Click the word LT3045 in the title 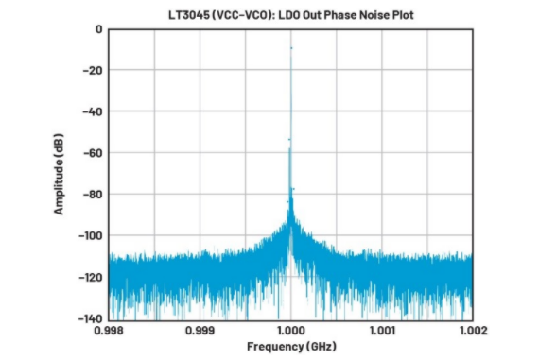click(189, 15)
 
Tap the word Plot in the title click(402, 15)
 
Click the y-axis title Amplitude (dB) click(59, 174)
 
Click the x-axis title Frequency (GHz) click(291, 346)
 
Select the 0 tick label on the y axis click(99, 29)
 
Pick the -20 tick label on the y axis click(93, 71)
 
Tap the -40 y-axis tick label click(93, 112)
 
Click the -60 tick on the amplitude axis click(93, 153)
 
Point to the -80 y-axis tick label click(93, 195)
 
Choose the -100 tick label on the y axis click(91, 236)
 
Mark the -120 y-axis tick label click(91, 277)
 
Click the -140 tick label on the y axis click(91, 318)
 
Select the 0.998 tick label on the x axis click(109, 331)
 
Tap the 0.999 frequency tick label click(200, 331)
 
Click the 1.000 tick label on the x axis click(291, 331)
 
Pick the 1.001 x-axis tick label click(382, 331)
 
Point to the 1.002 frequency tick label click(474, 331)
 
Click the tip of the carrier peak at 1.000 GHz click(291, 48)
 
